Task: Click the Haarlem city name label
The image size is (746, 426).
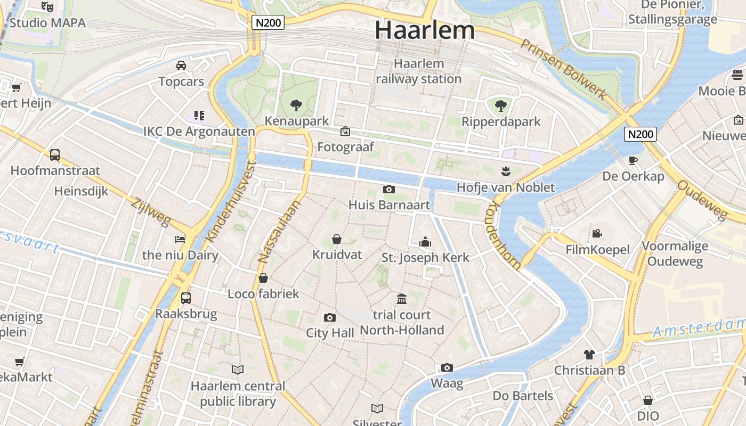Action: click(x=425, y=30)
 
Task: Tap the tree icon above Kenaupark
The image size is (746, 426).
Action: click(x=296, y=105)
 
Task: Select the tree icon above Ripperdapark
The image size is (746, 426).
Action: click(x=500, y=105)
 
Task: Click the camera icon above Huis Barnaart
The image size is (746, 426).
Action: click(x=389, y=189)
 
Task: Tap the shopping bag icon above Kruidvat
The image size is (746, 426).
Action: click(x=337, y=239)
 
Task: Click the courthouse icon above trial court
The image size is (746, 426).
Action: click(x=402, y=299)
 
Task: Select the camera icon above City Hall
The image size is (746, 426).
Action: click(x=330, y=317)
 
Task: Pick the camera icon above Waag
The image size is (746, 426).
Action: click(x=447, y=367)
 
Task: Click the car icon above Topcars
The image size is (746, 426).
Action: click(x=181, y=65)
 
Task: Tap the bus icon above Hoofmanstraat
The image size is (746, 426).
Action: click(x=55, y=155)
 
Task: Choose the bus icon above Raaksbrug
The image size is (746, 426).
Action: click(x=186, y=298)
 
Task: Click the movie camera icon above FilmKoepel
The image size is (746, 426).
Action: click(x=597, y=233)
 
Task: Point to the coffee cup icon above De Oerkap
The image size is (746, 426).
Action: click(x=633, y=160)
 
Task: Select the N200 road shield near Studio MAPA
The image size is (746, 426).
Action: click(x=268, y=22)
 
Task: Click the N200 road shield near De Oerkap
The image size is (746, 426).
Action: click(x=640, y=134)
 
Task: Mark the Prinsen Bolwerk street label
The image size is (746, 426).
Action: click(x=564, y=69)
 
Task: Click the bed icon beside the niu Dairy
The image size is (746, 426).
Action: click(x=180, y=239)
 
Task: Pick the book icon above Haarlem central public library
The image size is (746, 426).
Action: click(x=238, y=369)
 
